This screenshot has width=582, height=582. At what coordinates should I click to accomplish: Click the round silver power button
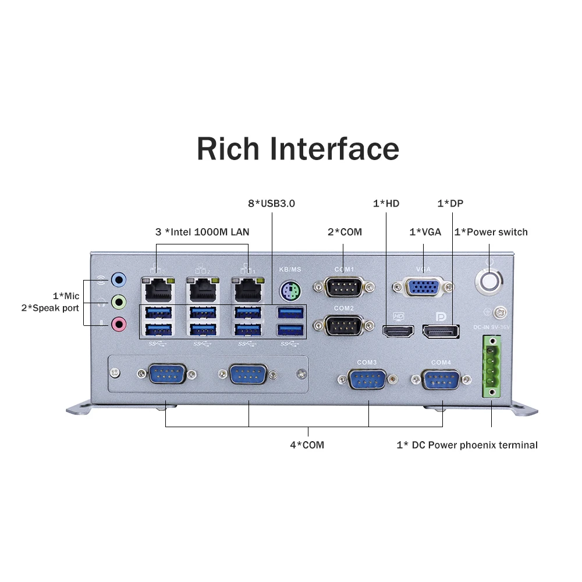(489, 280)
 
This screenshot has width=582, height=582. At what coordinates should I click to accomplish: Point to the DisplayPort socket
(441, 331)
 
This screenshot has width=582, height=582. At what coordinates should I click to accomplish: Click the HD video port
(398, 331)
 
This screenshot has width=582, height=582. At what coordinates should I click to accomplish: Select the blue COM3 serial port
(367, 380)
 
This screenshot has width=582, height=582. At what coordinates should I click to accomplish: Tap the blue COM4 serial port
(441, 380)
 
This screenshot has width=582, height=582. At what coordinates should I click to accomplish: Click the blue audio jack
(119, 280)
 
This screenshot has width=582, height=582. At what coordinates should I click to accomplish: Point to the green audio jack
(119, 301)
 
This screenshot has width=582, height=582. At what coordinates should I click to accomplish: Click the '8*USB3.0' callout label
(271, 204)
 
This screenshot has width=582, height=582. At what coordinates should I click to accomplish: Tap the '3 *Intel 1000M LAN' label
(202, 232)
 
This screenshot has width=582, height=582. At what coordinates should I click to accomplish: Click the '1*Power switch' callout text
(491, 232)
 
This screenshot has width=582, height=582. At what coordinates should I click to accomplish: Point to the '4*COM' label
(307, 445)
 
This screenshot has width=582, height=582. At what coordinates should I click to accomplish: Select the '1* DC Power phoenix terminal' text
(467, 445)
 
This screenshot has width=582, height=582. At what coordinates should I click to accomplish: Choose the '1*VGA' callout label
(425, 232)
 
